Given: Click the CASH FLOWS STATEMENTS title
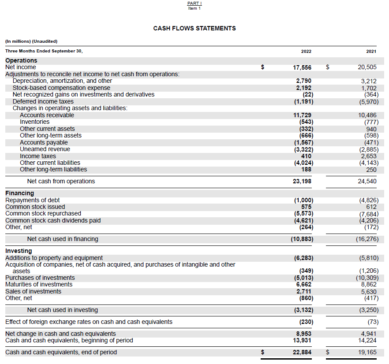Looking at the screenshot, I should [x=194, y=28].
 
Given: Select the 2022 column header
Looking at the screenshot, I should [x=306, y=51].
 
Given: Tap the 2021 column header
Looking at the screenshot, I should [x=371, y=51].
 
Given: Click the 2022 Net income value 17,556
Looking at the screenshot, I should [x=302, y=67].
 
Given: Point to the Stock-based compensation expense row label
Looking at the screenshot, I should [x=61, y=88].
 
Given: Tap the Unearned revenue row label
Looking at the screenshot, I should [x=45, y=149].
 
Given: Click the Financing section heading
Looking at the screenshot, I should [x=19, y=193].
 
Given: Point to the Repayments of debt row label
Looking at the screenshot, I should [x=32, y=200].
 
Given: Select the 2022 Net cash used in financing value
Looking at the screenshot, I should [x=300, y=239].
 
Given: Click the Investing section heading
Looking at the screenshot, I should [x=19, y=251].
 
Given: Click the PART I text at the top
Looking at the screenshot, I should [x=194, y=4].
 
